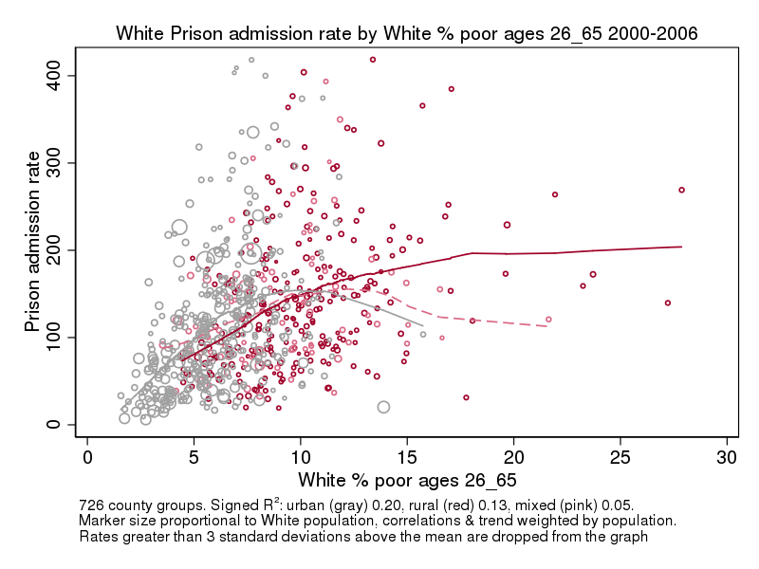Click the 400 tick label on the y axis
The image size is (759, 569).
(x=59, y=75)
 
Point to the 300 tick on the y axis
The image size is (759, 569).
(x=59, y=162)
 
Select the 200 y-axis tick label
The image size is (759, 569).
(x=59, y=249)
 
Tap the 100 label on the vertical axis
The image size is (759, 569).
(x=59, y=337)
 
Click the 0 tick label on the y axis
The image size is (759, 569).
(x=59, y=424)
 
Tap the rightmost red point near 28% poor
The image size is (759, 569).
(x=681, y=190)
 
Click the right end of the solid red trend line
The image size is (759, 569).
(x=682, y=247)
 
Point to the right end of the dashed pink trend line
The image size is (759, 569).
(x=547, y=326)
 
